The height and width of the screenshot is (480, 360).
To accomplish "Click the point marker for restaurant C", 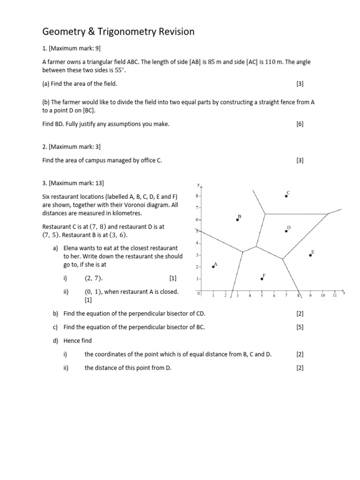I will tap(286, 196).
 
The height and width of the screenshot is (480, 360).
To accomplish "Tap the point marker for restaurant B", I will tap(237, 219).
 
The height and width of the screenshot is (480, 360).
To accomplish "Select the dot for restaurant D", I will tap(286, 231).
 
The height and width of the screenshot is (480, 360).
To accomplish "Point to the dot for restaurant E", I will tap(310, 255).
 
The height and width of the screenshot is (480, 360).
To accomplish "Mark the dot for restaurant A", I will tap(213, 266).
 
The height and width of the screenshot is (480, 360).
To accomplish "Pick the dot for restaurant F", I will tap(262, 278).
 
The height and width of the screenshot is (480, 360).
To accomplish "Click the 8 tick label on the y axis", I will tap(197, 195).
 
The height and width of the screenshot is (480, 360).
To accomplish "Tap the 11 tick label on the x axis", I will tap(335, 296).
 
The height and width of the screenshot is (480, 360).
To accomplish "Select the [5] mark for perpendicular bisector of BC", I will tap(300, 327).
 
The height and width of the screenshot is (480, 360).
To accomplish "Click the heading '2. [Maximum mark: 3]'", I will tap(71, 147).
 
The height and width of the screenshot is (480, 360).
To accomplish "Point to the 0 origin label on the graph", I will tap(198, 293).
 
